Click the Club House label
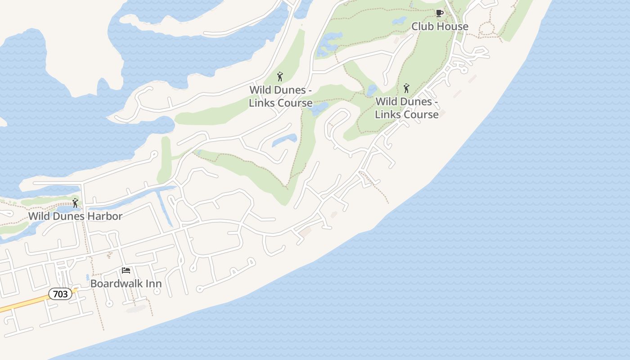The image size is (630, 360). pos(440,27)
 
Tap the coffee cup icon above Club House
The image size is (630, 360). pos(439,13)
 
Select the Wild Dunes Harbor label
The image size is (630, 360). pos(75,216)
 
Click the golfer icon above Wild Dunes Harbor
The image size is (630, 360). pos(75,203)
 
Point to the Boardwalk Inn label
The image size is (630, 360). pos(126,283)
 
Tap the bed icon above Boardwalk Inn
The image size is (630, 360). pos(126,270)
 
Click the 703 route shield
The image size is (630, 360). pos(60,294)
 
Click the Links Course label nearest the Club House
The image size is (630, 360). pos(406,108)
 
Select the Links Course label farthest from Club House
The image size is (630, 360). pos(281,96)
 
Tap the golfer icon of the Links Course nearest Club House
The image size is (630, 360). pos(406,88)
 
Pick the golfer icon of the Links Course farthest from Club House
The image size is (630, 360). pos(280,76)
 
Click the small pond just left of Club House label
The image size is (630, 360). pos(399,21)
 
